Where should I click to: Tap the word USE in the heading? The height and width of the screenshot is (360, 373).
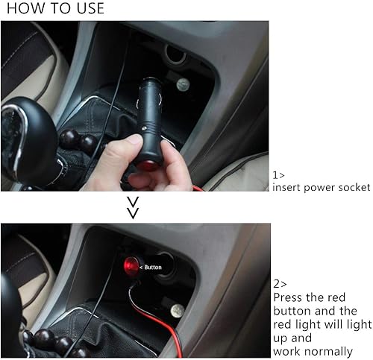point(87,9)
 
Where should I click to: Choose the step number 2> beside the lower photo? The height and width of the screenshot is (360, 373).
point(279,283)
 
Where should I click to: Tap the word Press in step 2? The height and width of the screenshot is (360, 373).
point(289,297)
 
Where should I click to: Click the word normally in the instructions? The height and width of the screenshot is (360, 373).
point(325,350)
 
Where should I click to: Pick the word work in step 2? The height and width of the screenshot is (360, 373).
point(286,350)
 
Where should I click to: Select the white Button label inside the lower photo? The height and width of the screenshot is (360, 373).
point(151,266)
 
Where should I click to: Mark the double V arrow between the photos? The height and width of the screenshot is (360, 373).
point(133,208)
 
